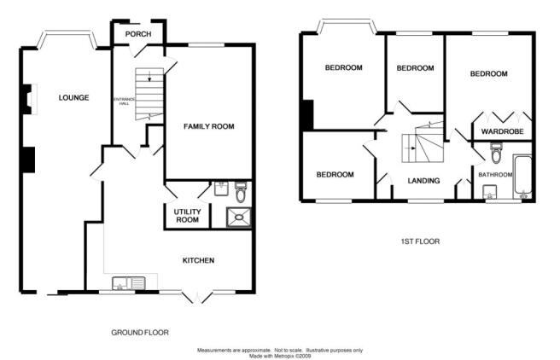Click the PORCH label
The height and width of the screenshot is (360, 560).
138,34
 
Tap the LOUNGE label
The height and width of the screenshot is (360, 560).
74,97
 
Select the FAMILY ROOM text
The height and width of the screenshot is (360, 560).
209,126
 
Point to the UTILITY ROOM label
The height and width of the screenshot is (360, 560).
187,216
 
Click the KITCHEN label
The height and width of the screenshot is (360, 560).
199,260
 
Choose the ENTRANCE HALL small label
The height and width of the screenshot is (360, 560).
124,102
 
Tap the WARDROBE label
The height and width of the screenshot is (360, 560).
503,131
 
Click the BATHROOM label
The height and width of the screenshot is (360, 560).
495,175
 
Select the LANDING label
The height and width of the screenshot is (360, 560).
423,181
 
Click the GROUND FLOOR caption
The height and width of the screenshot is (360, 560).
140,333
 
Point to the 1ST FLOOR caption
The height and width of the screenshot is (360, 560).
420,241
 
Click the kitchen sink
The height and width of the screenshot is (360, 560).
129,283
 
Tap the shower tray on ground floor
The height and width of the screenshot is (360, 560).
238,217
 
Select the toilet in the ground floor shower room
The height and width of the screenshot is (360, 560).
241,192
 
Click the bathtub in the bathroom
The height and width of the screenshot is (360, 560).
522,177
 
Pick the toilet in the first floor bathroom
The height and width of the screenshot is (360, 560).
496,153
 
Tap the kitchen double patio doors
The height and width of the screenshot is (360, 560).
197,297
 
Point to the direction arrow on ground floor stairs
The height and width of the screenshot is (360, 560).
149,76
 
